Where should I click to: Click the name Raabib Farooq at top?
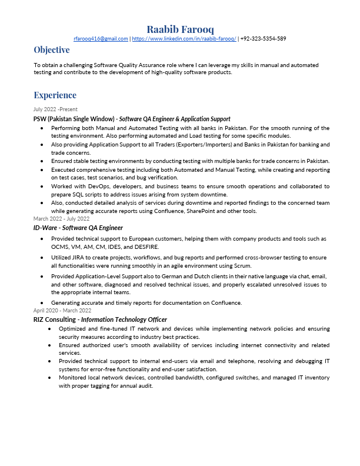click(x=180, y=29)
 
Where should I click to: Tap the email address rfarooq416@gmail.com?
click(x=101, y=39)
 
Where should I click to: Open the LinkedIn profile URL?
click(x=184, y=39)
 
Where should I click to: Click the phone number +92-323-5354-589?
click(x=264, y=39)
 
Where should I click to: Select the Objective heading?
click(x=51, y=50)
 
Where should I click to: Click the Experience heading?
click(x=55, y=95)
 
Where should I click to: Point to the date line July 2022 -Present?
click(x=55, y=109)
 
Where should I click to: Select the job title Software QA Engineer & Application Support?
click(x=175, y=119)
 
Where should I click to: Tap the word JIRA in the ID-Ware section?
click(x=85, y=258)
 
